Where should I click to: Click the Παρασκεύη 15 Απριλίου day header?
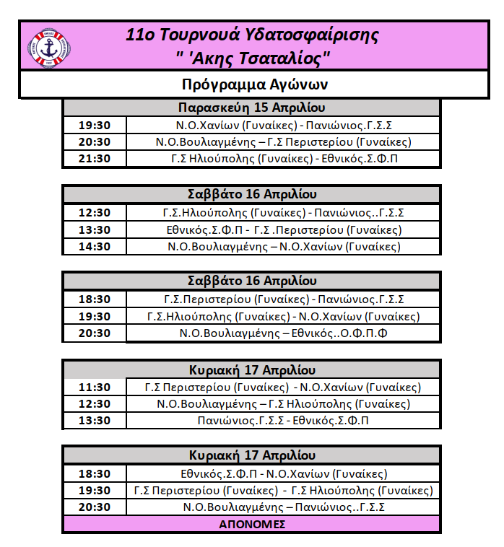[x=251, y=108]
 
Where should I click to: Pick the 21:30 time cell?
[x=95, y=159]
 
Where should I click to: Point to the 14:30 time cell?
[x=95, y=246]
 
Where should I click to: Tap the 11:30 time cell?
[x=95, y=388]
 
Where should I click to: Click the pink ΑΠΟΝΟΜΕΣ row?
[x=252, y=524]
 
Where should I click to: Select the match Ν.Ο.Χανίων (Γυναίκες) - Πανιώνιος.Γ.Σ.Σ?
[x=284, y=125]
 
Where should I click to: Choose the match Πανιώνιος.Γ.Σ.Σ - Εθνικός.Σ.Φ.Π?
[x=284, y=421]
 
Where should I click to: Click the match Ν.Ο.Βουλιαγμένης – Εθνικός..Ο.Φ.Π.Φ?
[x=284, y=333]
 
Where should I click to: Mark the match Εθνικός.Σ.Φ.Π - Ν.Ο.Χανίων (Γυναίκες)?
[x=284, y=474]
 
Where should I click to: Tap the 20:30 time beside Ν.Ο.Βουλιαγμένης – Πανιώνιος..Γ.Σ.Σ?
[x=95, y=507]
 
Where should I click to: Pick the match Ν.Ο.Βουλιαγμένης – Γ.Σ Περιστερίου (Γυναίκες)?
[x=284, y=141]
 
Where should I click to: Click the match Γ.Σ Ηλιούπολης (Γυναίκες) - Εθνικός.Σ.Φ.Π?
[x=284, y=159]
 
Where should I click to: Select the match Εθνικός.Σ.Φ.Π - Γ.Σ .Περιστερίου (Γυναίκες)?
[x=284, y=229]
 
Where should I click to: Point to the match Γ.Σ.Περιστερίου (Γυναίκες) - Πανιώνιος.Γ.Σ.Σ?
[x=284, y=299]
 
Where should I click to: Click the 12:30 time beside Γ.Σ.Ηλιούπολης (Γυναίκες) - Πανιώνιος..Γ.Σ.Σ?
[x=95, y=213]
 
